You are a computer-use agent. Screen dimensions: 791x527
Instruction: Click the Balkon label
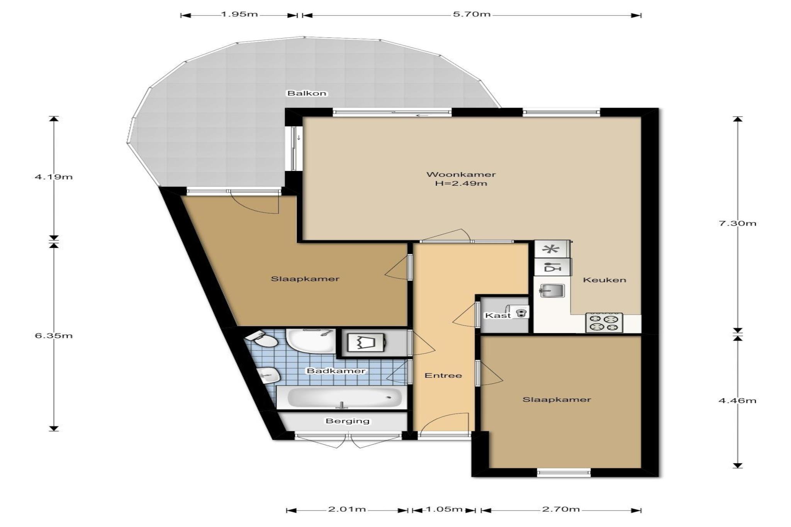307,93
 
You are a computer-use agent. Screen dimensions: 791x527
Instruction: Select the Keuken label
604,280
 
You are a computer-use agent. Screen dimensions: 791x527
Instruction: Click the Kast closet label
498,315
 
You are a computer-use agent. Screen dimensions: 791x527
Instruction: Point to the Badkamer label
336,371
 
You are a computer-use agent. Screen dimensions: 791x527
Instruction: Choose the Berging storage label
348,421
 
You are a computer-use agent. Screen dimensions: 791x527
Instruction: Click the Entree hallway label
443,375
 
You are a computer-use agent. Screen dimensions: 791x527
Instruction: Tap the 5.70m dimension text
472,15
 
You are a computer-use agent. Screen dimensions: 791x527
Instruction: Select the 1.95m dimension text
239,15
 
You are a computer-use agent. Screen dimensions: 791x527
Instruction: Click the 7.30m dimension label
737,223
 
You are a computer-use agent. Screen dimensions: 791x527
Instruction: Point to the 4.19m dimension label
54,177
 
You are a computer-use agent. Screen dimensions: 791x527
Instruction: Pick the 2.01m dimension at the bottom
347,509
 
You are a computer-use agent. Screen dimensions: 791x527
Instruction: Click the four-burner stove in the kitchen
604,323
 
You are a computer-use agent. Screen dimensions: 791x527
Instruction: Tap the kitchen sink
552,290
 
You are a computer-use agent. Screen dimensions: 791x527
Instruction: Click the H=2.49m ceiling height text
461,183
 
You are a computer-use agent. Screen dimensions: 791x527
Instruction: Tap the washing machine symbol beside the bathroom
366,342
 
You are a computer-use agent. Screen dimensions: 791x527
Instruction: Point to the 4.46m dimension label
737,400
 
